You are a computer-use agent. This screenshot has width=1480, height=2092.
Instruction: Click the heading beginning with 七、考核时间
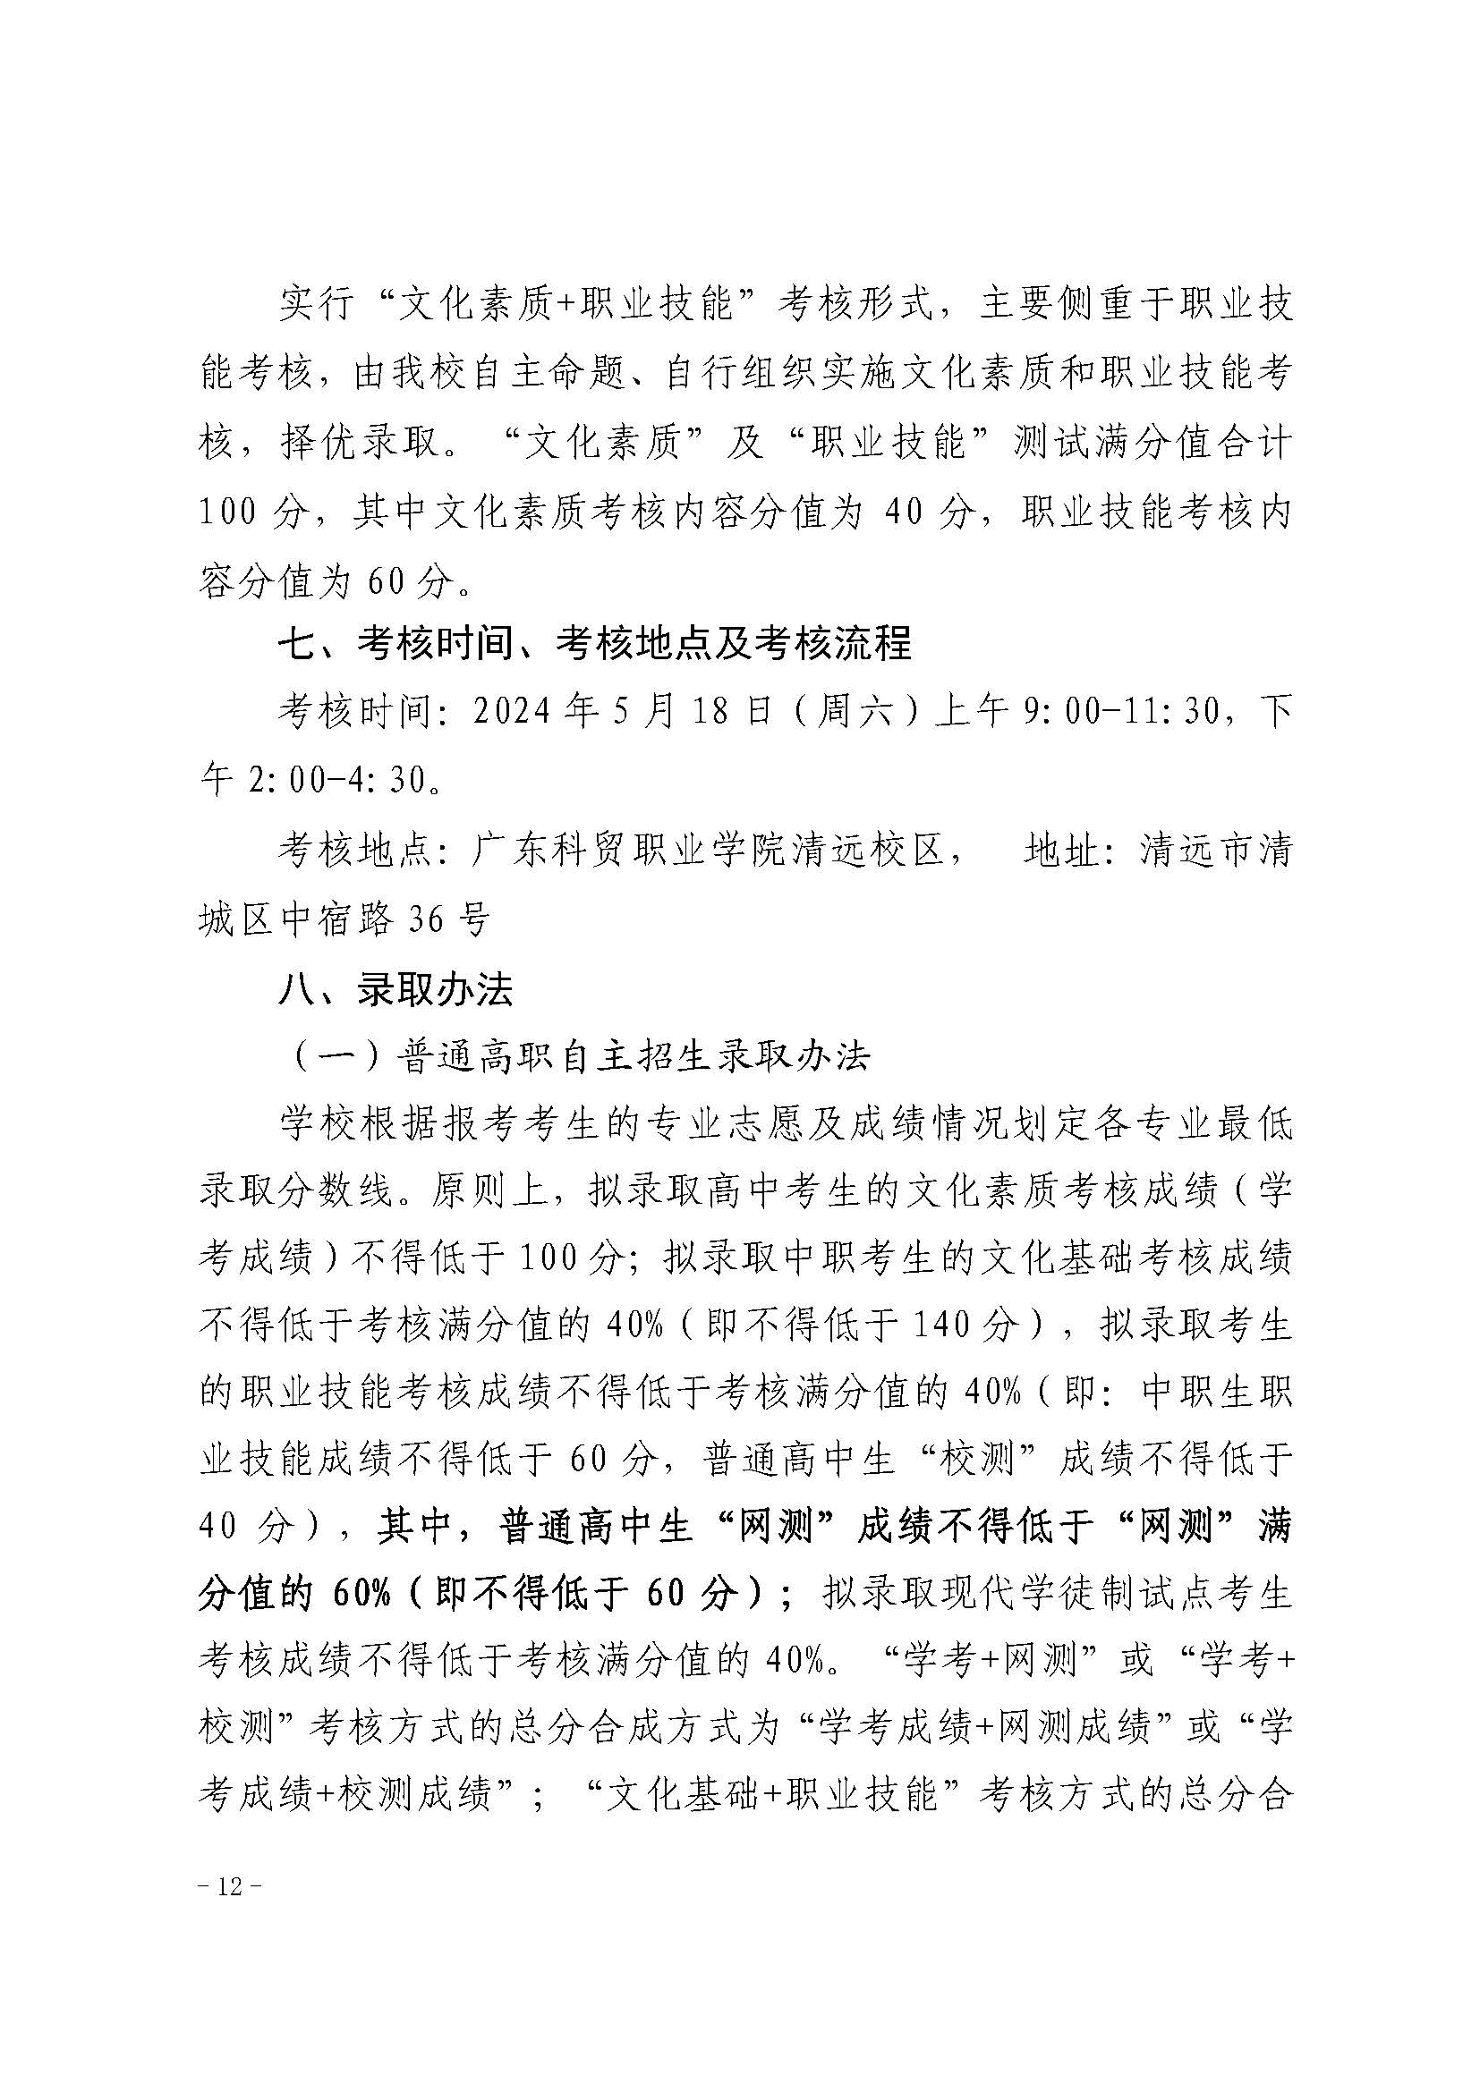[594, 645]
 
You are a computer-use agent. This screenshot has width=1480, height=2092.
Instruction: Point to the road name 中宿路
[337, 919]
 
